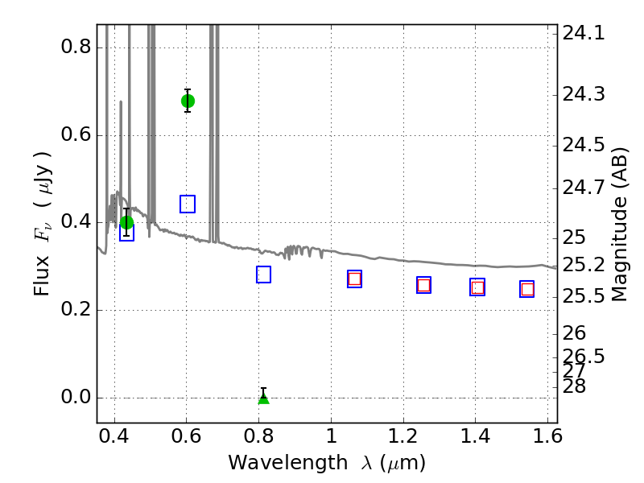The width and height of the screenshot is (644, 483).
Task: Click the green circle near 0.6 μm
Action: (188, 101)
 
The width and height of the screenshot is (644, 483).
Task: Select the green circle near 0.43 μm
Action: (127, 223)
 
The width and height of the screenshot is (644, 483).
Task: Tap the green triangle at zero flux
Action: (264, 398)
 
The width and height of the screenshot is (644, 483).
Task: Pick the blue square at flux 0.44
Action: (188, 204)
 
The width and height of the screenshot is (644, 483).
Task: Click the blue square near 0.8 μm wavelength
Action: (264, 275)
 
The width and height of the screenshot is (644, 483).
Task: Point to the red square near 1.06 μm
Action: (354, 279)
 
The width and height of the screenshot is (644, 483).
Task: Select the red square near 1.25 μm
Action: (424, 285)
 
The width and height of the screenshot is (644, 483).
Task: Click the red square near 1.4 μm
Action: (477, 287)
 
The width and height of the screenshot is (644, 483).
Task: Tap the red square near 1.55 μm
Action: (527, 290)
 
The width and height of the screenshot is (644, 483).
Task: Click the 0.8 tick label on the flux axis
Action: (76, 47)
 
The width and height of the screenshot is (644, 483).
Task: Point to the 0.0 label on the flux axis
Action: (76, 398)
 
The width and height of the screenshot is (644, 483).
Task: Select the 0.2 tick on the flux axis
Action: (76, 310)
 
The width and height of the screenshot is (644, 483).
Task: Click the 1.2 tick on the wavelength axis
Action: (403, 436)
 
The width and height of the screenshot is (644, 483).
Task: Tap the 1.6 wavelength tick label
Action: (547, 436)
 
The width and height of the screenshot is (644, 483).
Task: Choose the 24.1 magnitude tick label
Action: (584, 33)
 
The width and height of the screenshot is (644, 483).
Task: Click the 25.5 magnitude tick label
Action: (584, 296)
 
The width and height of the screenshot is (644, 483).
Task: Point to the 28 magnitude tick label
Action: (574, 386)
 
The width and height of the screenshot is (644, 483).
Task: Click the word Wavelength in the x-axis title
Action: (288, 464)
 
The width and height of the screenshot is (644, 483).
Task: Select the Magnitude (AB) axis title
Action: (620, 225)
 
